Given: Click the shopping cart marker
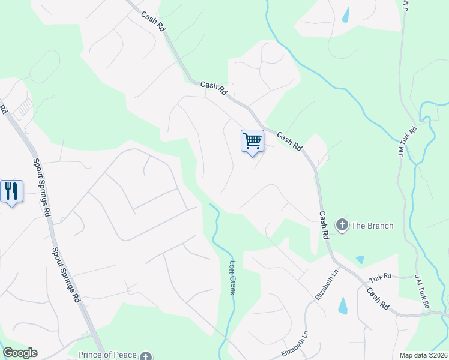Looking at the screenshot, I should click(253, 141).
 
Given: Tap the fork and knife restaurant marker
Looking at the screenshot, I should click(11, 191).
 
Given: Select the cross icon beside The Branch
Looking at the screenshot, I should click(342, 226).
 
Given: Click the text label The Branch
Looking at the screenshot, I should click(372, 226).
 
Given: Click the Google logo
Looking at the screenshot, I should click(20, 353).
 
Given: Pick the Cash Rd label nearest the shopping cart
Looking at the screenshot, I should click(288, 141).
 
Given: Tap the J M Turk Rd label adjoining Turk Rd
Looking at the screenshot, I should click(423, 292).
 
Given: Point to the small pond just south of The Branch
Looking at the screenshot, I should click(360, 259).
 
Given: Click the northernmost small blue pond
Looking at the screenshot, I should click(346, 15).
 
